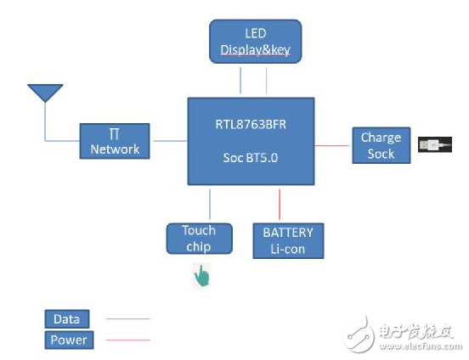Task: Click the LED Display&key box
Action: [x=255, y=42]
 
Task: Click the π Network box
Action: [x=115, y=141]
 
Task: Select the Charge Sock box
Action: [x=381, y=145]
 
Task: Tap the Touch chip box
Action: [x=199, y=239]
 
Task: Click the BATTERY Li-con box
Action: [x=288, y=239]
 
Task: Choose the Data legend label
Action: [x=66, y=319]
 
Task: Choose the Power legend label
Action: [x=69, y=340]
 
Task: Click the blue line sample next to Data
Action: [x=127, y=320]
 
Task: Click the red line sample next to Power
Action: [x=127, y=340]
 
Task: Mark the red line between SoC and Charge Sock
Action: [x=333, y=145]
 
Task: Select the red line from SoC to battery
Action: [x=280, y=203]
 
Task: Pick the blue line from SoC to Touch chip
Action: [x=210, y=204]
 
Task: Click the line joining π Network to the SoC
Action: [x=169, y=141]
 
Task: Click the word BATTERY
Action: [x=288, y=232]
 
